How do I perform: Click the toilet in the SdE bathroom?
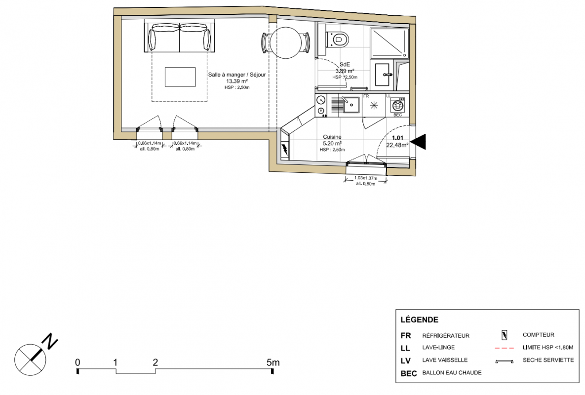point(338,39)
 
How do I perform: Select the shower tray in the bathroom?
point(389,43)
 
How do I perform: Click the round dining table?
point(286,42)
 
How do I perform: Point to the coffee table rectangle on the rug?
point(180,77)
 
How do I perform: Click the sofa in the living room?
point(180,38)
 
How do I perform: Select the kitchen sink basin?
point(351,105)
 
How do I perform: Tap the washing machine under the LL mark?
point(398,105)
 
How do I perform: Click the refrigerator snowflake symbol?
point(373,106)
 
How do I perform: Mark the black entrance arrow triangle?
point(418,142)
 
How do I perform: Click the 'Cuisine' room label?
point(332,137)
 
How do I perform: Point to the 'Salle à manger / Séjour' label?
point(237,75)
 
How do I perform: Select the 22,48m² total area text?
point(397,145)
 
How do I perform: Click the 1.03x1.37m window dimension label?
point(366,178)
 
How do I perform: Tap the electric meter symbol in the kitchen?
point(285,149)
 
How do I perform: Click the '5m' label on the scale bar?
point(273,362)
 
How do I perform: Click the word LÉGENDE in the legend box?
point(419,319)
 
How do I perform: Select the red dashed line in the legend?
point(504,348)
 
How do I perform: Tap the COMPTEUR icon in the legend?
point(505,335)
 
